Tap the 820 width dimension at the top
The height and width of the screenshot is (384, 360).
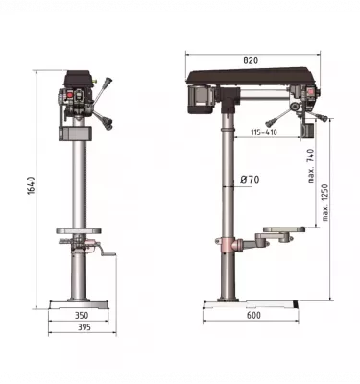251,60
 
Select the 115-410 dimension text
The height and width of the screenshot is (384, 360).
258,132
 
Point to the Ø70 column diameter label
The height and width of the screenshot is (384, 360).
250,180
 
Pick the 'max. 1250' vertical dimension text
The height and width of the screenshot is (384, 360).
326,202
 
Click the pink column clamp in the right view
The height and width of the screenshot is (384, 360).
228,245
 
